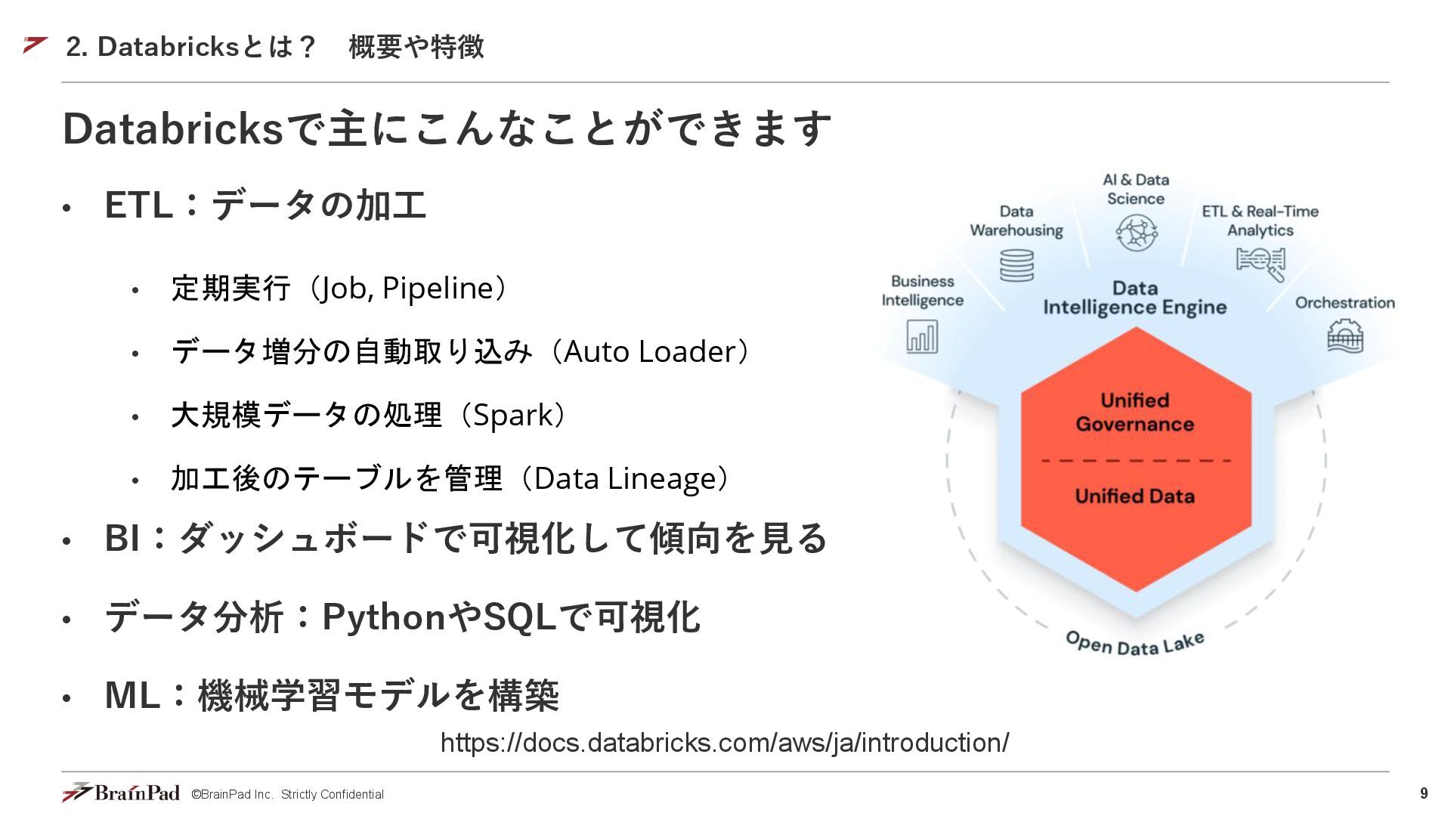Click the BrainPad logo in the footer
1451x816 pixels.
pos(121,793)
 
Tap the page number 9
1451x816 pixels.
pos(1424,793)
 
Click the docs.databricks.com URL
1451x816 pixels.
pos(724,743)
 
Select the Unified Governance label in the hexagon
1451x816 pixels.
pos(1134,412)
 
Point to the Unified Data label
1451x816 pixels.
pos(1134,496)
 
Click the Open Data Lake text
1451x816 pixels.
pos(1134,644)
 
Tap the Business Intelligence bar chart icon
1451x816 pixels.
pos(922,336)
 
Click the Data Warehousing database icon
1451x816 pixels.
pos(1016,265)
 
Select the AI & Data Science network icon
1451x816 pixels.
pos(1136,232)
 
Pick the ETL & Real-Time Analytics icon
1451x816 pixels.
pos(1261,263)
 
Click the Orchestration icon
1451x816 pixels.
pos(1345,336)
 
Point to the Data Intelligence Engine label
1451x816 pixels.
pos(1134,298)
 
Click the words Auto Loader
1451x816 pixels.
pos(649,352)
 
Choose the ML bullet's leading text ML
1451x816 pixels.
pos(132,695)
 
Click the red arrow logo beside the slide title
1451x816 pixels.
pos(36,45)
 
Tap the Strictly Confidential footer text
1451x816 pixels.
pos(332,794)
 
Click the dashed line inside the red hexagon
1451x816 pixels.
pos(1136,460)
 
